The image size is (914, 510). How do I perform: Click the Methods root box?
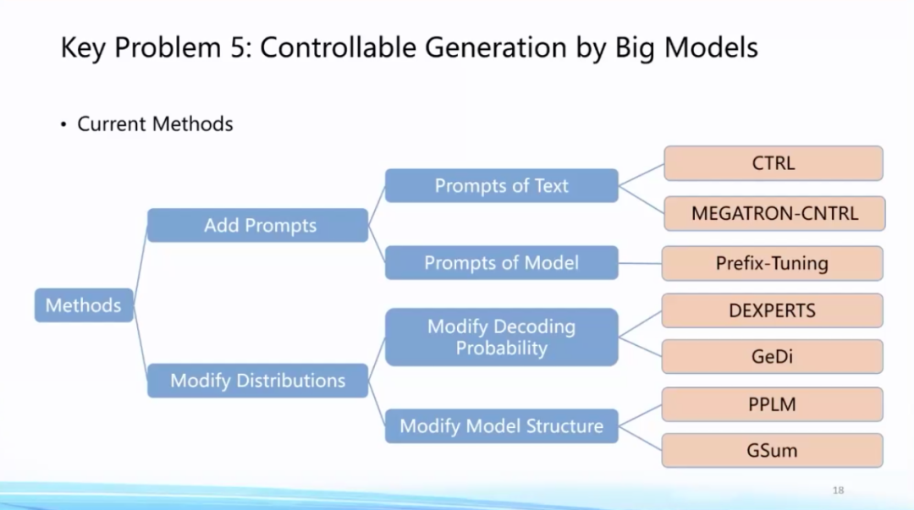click(x=83, y=305)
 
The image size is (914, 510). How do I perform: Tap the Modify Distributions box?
click(x=257, y=381)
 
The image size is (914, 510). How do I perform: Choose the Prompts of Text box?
click(x=501, y=186)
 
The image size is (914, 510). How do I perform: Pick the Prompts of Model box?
click(x=501, y=263)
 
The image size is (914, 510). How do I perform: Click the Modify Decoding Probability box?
click(x=501, y=337)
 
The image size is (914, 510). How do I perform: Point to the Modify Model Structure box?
click(x=501, y=425)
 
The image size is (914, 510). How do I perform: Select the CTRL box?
click(x=773, y=163)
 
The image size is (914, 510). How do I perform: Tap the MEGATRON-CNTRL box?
click(x=774, y=213)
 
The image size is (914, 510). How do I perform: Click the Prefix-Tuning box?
click(x=772, y=263)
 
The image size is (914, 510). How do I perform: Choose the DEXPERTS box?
click(x=772, y=310)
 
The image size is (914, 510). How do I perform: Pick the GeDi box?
click(x=772, y=357)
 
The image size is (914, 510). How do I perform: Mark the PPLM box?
click(x=772, y=404)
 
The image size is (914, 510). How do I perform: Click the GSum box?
click(x=772, y=450)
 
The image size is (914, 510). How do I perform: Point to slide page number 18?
click(x=839, y=491)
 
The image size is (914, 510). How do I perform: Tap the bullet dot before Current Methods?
click(x=63, y=125)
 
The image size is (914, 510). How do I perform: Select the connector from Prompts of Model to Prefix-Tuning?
click(x=640, y=263)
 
